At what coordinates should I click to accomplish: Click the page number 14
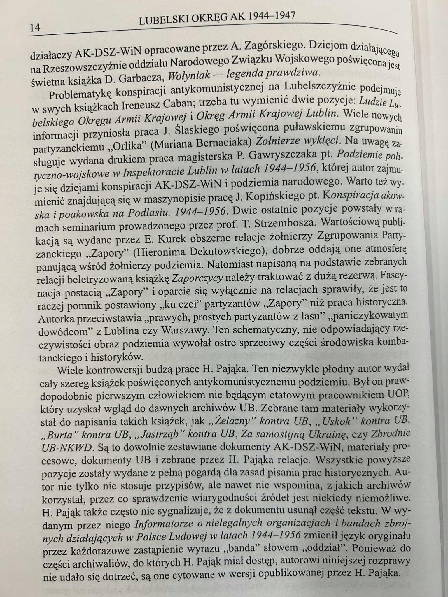(x=35, y=28)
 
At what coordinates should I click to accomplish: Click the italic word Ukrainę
(x=326, y=434)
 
